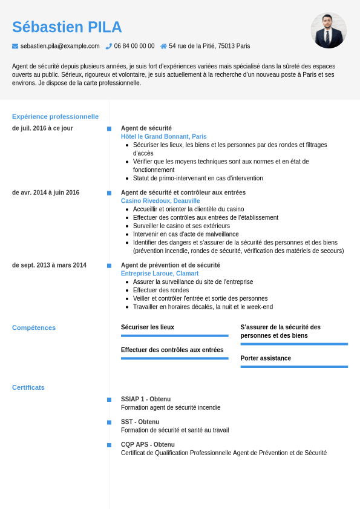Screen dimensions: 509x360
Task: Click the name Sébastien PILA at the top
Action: pos(67,27)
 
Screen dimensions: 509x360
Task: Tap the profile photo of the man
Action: pos(329,30)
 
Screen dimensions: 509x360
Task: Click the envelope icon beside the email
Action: pos(15,46)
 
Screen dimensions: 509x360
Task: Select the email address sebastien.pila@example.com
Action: pos(60,46)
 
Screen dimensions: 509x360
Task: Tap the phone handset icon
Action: pos(109,46)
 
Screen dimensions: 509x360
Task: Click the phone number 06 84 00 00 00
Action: pos(134,46)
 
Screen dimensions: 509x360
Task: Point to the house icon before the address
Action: pos(163,46)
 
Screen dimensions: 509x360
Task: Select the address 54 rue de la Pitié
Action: pos(209,46)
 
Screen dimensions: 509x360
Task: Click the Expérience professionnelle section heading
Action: pos(55,116)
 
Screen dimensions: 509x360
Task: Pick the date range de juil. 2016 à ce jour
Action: pos(42,128)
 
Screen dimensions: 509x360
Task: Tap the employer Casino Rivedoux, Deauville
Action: pos(160,201)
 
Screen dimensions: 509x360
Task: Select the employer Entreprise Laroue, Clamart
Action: pos(159,274)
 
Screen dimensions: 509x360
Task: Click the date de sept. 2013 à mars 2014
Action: pos(49,265)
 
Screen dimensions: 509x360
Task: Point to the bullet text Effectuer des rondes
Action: pos(161,290)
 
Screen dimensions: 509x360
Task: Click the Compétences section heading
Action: pos(34,327)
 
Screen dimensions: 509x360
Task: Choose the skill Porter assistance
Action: pos(266,358)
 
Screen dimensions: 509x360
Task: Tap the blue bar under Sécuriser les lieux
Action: pos(174,336)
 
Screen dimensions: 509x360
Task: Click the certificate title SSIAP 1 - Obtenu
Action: pos(146,399)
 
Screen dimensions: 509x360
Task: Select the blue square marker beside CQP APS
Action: pos(109,445)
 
